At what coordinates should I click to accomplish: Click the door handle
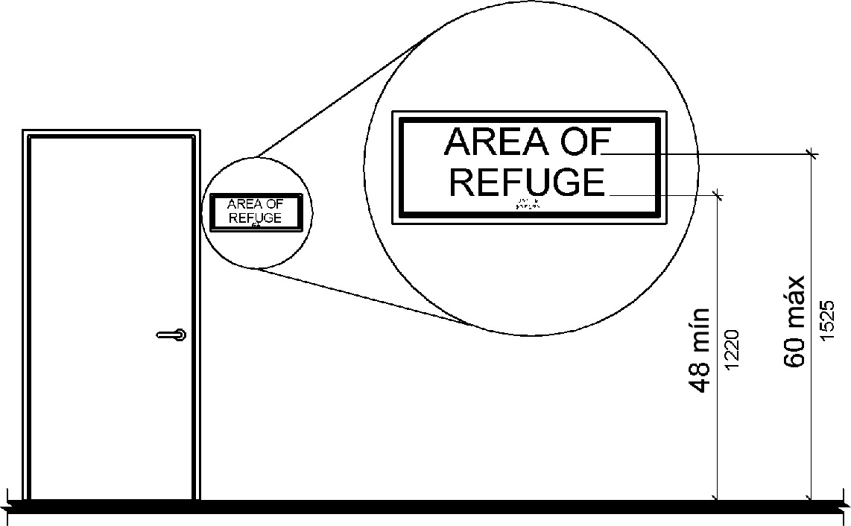pos(171,335)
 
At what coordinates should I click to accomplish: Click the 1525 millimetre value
pos(825,321)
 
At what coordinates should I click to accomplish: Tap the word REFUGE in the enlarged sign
pos(528,183)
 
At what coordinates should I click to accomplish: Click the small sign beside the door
pos(256,211)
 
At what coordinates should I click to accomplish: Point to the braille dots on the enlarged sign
pos(528,205)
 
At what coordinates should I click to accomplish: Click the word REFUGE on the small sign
pos(256,218)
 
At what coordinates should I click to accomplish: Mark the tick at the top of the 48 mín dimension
pos(717,194)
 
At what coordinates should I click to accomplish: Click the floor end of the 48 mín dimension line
pos(717,498)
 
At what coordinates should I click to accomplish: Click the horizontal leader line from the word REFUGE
pos(663,194)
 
